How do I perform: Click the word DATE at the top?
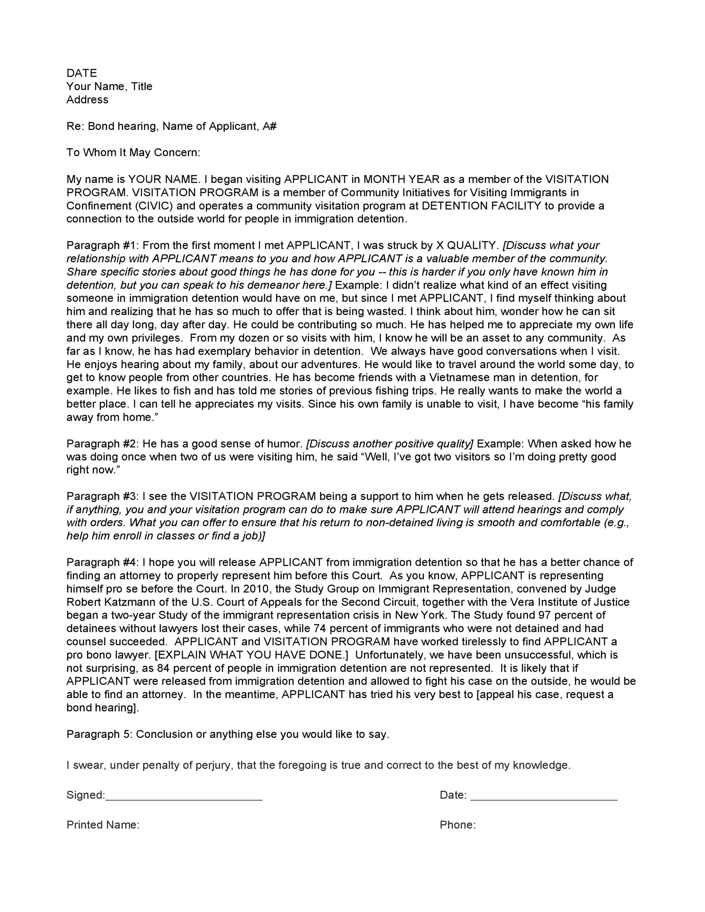pos(81,73)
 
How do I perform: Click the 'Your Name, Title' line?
pos(109,86)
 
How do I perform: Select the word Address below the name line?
pos(87,100)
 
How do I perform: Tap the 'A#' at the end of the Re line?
pos(270,126)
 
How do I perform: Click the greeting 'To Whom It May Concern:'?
pos(133,152)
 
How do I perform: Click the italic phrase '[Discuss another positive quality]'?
pos(390,444)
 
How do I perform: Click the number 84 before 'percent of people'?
pos(163,668)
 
